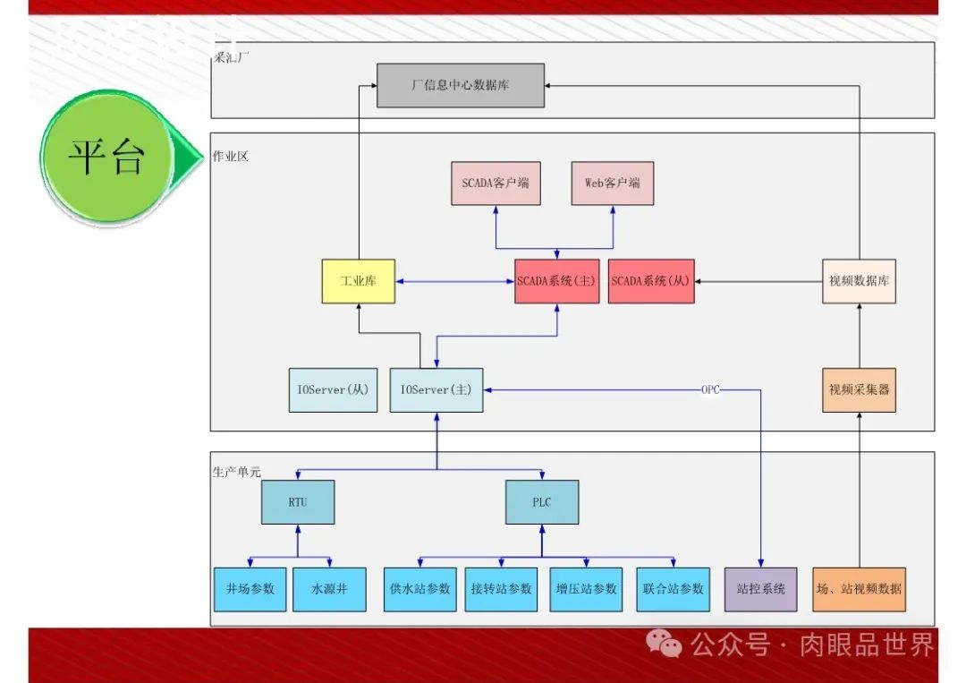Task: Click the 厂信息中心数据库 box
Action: coord(460,86)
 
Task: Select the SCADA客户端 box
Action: coord(496,184)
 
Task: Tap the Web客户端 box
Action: coord(613,184)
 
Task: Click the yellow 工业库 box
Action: coord(358,281)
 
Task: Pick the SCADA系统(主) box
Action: coord(556,281)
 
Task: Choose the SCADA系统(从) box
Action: coord(650,281)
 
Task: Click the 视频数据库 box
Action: coord(859,281)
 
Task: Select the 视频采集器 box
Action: coord(859,389)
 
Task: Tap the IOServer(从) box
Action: coord(333,390)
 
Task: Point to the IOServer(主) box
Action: coord(436,390)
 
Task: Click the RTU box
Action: coord(298,502)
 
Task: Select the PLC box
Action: coord(542,502)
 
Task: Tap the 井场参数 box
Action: coord(250,589)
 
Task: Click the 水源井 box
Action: coord(329,589)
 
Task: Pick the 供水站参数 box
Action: coord(420,589)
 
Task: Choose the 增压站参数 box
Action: coord(587,589)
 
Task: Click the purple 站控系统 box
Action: coord(760,589)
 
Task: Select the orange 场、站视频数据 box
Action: coord(859,589)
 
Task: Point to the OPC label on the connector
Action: coord(711,389)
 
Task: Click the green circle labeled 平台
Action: coord(106,158)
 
